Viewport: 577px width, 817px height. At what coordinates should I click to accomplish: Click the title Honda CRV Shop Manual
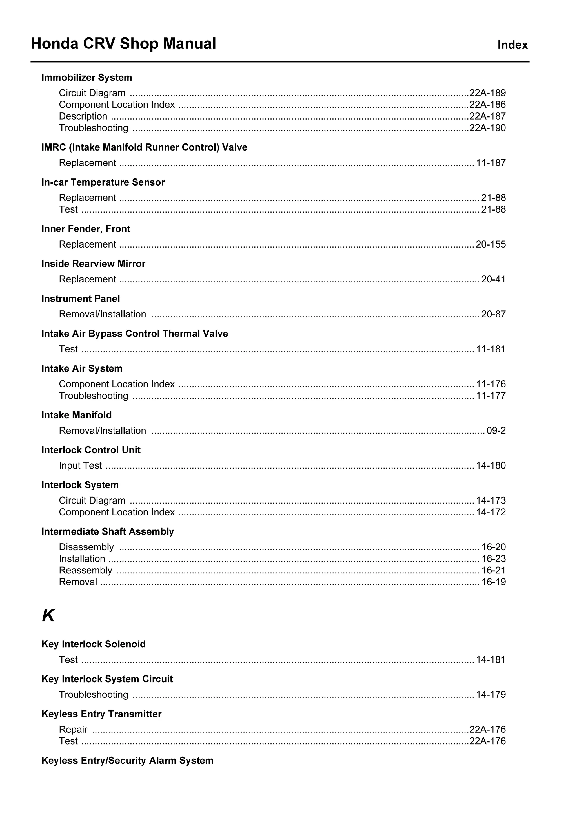(123, 44)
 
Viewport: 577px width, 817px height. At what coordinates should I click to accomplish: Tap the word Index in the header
(512, 45)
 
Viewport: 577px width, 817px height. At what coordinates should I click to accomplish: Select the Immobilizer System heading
(86, 78)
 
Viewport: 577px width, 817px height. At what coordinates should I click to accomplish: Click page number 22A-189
(487, 93)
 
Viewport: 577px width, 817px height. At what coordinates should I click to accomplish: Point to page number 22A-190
(487, 128)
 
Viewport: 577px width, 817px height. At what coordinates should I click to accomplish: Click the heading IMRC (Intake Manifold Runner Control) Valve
(144, 147)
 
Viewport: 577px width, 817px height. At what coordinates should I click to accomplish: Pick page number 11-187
(490, 163)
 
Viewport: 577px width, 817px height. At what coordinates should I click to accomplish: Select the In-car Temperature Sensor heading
(103, 182)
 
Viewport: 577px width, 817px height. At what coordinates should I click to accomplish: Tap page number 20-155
(490, 244)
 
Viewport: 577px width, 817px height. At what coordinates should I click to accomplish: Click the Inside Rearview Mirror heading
(93, 264)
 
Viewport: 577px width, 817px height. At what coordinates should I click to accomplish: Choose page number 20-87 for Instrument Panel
(493, 314)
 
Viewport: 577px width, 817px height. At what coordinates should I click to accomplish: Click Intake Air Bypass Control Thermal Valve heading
(134, 334)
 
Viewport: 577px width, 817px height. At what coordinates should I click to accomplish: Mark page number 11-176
(490, 384)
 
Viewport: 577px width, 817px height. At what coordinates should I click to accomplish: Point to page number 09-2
(496, 430)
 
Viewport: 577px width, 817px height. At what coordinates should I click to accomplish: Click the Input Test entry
(80, 465)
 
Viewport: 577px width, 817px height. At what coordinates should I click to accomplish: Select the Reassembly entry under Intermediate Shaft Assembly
(85, 570)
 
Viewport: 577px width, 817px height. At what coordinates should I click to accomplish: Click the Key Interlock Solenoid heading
(93, 644)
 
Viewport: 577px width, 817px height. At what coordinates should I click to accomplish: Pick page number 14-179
(490, 695)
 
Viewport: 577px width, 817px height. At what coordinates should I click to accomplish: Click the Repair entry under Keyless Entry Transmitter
(73, 730)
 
